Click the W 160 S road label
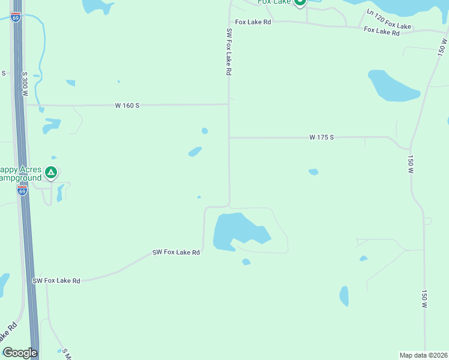(127, 106)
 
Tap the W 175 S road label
(321, 137)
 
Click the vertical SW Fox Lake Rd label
(229, 52)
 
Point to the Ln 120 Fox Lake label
(389, 19)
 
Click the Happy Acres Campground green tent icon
(51, 173)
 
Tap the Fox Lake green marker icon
(300, 2)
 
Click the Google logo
(20, 353)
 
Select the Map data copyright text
(424, 355)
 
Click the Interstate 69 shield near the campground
(22, 190)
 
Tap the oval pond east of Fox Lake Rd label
(393, 86)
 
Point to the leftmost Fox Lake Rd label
(253, 22)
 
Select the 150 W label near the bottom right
(424, 299)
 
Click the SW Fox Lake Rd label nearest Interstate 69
(56, 280)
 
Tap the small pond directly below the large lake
(246, 262)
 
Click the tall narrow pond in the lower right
(344, 296)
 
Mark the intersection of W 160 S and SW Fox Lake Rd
(229, 104)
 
